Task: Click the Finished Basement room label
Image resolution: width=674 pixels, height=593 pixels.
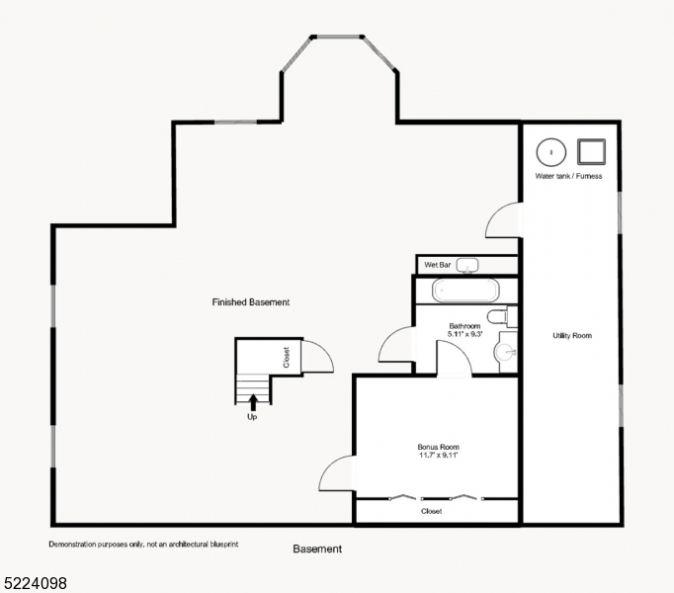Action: tap(251, 301)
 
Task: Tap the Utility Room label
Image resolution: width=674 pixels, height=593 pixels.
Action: tap(572, 336)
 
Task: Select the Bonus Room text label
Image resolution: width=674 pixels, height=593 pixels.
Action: tap(438, 452)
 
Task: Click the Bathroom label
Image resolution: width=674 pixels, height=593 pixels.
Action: tap(464, 330)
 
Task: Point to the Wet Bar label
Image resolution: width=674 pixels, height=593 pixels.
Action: tap(438, 265)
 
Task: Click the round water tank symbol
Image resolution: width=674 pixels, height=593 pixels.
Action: tap(550, 152)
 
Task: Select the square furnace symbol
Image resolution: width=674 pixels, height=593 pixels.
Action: tap(591, 152)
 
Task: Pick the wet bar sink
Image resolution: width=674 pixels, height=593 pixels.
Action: tap(469, 265)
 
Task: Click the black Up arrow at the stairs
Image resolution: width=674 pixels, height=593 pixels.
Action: tap(254, 400)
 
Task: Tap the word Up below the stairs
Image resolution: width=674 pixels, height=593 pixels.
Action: tap(253, 417)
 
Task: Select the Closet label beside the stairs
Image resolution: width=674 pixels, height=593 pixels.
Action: tap(287, 356)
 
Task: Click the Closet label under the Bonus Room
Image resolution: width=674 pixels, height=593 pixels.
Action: tap(432, 511)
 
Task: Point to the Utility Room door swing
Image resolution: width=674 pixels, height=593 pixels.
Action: tap(503, 220)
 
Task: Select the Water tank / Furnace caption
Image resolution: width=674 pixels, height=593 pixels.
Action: tap(568, 176)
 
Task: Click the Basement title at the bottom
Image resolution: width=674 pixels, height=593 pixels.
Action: tap(317, 549)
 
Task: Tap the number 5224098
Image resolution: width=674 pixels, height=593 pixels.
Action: tap(35, 583)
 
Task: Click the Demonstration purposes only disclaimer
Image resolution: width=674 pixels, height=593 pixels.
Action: tap(143, 544)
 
